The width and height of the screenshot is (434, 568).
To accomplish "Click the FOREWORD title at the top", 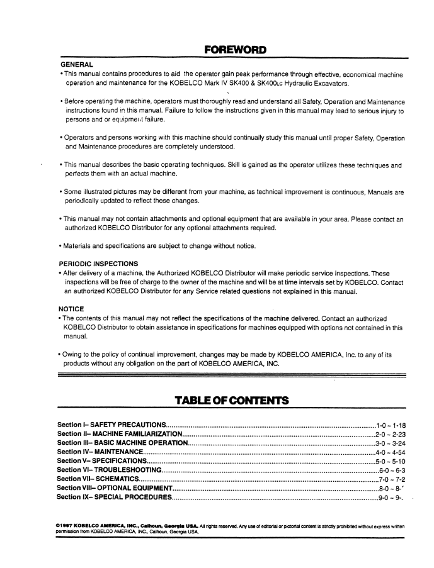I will click(235, 50).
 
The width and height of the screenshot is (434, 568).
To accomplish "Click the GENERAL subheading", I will click(77, 65).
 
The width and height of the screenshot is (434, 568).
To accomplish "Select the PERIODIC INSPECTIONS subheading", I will click(100, 264).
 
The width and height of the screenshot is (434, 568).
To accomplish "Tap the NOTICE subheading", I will click(71, 309).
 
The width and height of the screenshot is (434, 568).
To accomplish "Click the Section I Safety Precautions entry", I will click(111, 425).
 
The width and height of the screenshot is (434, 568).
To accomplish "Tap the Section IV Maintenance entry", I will click(100, 452).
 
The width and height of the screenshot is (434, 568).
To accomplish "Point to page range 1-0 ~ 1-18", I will click(391, 425).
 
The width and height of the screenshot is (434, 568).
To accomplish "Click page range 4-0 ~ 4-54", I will click(391, 452).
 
